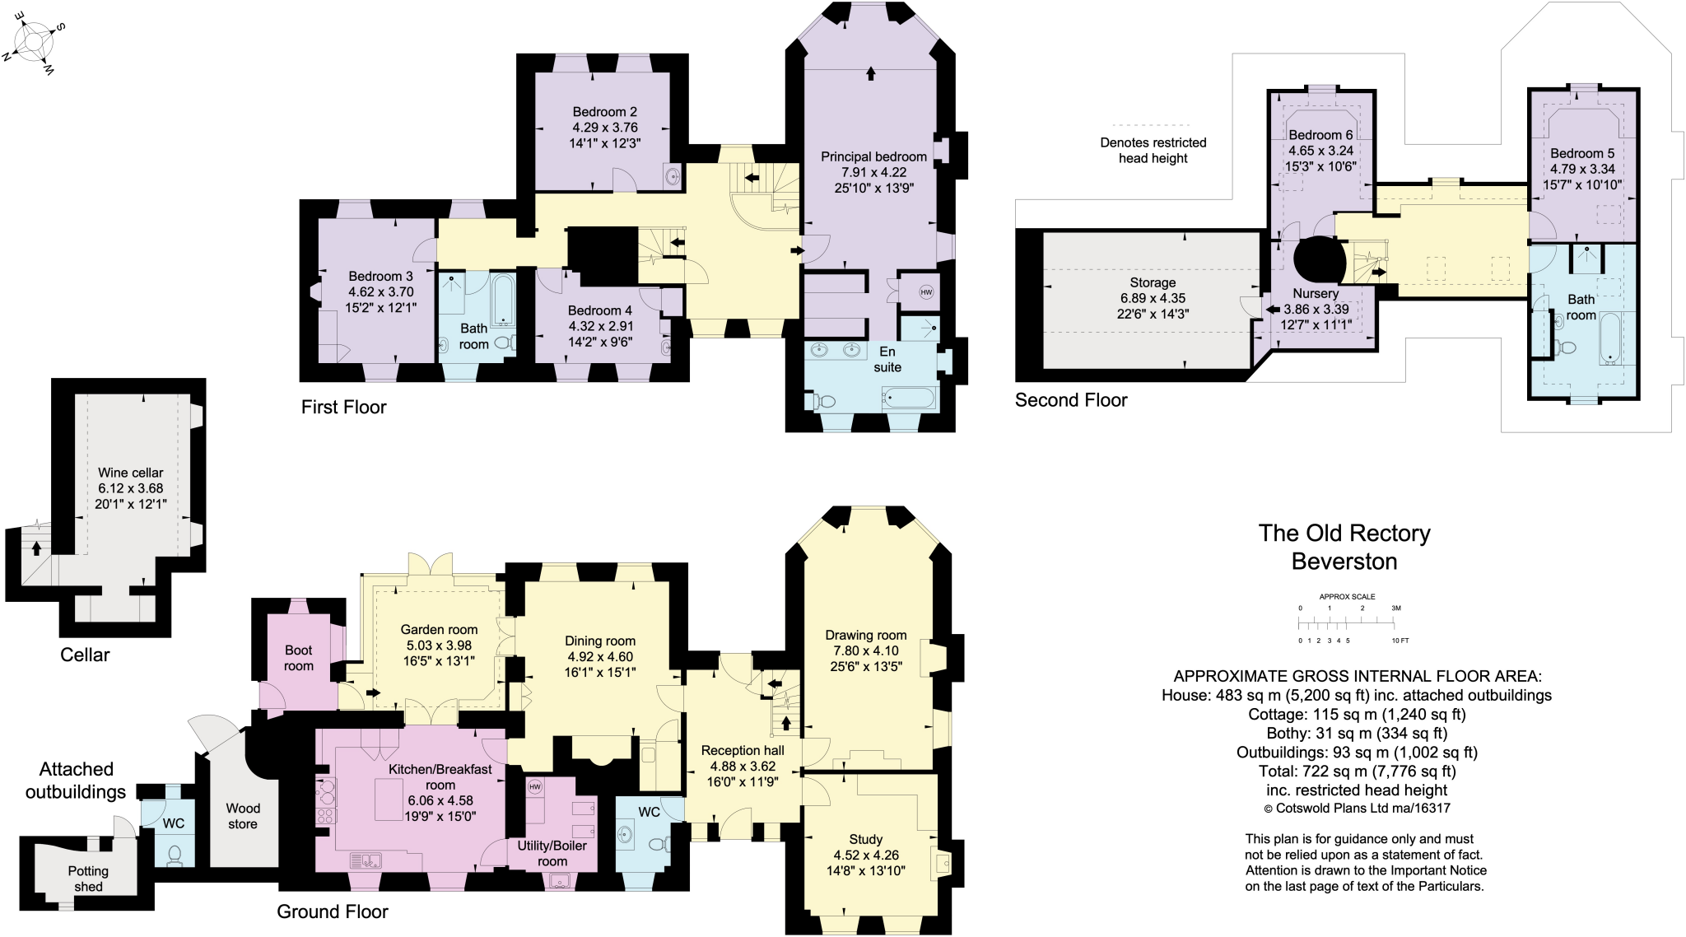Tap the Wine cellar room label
point(130,473)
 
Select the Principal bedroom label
point(873,156)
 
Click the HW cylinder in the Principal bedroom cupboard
point(926,292)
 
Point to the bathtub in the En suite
point(909,399)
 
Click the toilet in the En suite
point(823,401)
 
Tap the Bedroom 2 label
point(605,112)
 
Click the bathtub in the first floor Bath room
point(503,301)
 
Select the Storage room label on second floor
point(1153,282)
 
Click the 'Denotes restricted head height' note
point(1153,150)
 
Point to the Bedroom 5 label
point(1582,153)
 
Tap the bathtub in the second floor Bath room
point(1611,338)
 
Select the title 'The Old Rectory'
point(1344,534)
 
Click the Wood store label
point(243,816)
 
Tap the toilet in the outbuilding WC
point(174,855)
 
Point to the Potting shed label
point(88,879)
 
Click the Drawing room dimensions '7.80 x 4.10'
point(866,650)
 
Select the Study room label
point(866,839)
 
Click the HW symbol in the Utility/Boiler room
point(535,787)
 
